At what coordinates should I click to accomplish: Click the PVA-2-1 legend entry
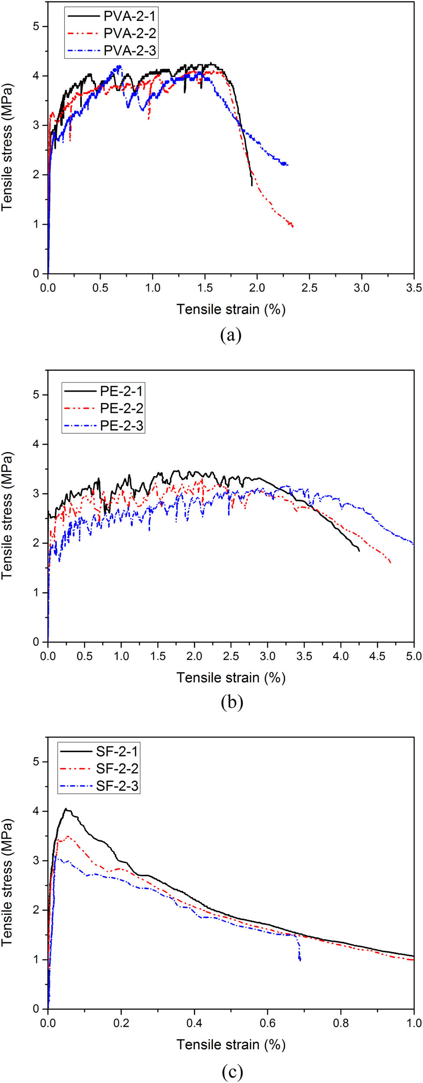coord(129,16)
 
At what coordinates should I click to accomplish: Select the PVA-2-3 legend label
coord(129,51)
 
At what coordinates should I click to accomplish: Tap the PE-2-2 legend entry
coord(121,408)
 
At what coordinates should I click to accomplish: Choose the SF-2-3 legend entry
coord(117,786)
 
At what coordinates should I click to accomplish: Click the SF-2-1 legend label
coord(117,751)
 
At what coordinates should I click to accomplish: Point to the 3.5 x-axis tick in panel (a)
coord(414,287)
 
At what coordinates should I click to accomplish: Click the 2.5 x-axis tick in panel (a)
coord(309,287)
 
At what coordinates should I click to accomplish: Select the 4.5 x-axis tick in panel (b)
coord(377,656)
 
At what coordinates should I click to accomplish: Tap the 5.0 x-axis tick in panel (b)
coord(413,656)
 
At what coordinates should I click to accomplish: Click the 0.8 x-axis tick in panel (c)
coord(341,1023)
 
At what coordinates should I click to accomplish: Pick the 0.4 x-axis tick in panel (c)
coord(194,1023)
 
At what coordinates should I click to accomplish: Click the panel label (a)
coord(231,335)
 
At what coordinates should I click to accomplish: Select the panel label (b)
coord(232,702)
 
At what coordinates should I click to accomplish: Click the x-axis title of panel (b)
coord(231,677)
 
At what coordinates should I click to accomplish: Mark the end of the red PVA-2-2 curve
coord(293,227)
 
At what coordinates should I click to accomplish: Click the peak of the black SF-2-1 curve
coord(66,809)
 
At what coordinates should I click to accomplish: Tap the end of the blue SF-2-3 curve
coord(300,960)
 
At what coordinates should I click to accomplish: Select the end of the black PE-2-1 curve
coord(359,551)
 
